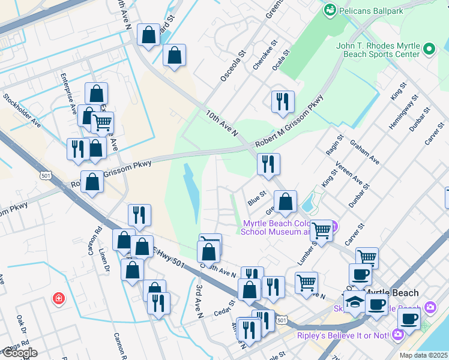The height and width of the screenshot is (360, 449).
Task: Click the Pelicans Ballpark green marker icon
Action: pyautogui.click(x=330, y=10)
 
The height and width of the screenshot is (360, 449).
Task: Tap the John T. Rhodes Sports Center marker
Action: pyautogui.click(x=429, y=49)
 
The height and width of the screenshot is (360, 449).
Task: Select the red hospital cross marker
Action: pyautogui.click(x=58, y=298)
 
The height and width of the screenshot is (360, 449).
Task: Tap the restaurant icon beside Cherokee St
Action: pyautogui.click(x=282, y=101)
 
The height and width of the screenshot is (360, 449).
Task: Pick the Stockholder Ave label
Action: pyautogui.click(x=22, y=110)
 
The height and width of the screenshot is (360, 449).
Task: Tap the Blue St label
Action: pyautogui.click(x=257, y=198)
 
